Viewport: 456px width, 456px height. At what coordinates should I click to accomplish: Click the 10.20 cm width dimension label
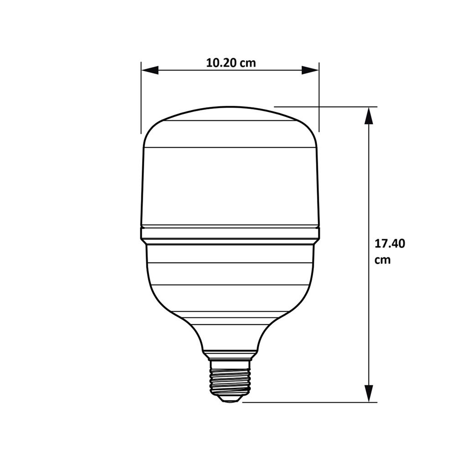(231, 63)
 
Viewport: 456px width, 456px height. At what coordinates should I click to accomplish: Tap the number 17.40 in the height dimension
(390, 244)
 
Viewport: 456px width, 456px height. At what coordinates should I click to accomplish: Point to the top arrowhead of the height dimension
(368, 116)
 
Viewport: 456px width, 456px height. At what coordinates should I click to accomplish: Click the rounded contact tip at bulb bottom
(229, 398)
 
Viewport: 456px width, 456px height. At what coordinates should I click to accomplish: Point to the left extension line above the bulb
(141, 98)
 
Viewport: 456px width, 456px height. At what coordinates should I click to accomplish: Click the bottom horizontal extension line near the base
(310, 402)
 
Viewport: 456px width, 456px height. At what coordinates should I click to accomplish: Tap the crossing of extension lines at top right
(319, 107)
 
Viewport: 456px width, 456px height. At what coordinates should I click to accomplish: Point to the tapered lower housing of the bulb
(230, 296)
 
